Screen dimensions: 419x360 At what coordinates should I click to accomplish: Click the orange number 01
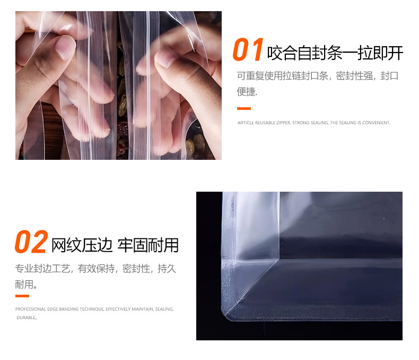248,49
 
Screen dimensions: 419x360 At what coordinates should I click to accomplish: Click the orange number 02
31,242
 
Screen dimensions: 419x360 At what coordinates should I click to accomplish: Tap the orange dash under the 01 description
243,108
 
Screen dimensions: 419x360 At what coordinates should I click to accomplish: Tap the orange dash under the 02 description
22,296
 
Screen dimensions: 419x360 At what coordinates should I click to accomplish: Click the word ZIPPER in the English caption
284,123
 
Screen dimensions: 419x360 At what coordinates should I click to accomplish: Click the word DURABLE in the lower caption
26,318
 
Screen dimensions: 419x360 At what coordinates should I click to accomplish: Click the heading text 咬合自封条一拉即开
335,53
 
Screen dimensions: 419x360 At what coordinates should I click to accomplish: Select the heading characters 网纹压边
82,245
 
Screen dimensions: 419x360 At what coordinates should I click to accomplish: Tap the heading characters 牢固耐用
148,245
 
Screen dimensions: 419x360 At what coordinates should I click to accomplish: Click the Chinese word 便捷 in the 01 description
247,91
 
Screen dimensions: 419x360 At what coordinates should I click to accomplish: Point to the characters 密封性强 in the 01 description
354,76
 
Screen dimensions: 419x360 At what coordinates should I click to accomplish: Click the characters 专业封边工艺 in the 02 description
42,268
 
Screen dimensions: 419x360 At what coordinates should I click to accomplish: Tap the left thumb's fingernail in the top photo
65,47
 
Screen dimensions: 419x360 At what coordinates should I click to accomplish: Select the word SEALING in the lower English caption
164,309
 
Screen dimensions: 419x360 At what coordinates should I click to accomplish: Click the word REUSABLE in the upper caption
265,123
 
